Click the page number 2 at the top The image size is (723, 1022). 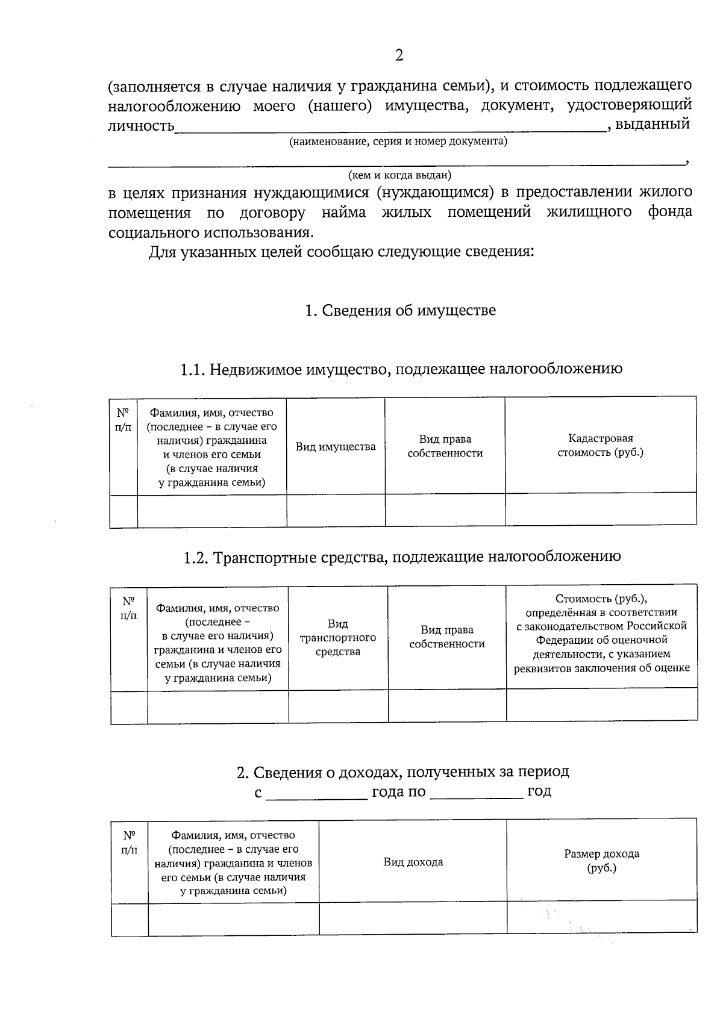pyautogui.click(x=399, y=56)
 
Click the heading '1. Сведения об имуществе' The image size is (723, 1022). pyautogui.click(x=400, y=311)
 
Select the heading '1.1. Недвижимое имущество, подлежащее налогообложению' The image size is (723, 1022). pyautogui.click(x=401, y=369)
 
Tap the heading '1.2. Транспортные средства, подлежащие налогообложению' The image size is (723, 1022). pyautogui.click(x=402, y=556)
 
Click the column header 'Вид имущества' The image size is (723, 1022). pyautogui.click(x=336, y=447)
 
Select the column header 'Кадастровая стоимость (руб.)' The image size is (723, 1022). pyautogui.click(x=600, y=446)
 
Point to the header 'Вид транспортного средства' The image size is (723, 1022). pyautogui.click(x=338, y=637)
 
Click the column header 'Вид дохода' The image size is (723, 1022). pyautogui.click(x=413, y=862)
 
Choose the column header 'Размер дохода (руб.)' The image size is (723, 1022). pyautogui.click(x=601, y=861)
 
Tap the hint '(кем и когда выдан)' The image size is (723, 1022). pyautogui.click(x=399, y=175)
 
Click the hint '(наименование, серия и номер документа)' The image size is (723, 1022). pyautogui.click(x=398, y=142)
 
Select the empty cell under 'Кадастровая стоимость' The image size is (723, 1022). pyautogui.click(x=600, y=509)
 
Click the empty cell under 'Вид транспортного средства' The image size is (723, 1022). pyautogui.click(x=338, y=706)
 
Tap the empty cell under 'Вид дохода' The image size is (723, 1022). pyautogui.click(x=413, y=918)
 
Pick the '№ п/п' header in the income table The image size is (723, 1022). pyautogui.click(x=130, y=843)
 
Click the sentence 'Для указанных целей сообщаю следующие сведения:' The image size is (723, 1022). pyautogui.click(x=342, y=252)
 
